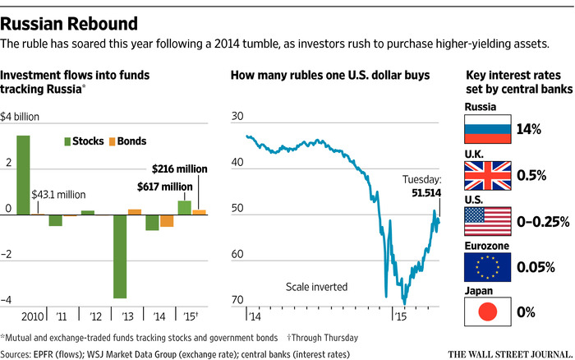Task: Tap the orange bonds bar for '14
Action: tap(167, 221)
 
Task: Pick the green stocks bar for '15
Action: tap(184, 207)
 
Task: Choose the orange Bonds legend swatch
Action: tap(113, 141)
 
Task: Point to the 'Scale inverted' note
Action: tap(317, 287)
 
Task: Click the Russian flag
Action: tap(488, 129)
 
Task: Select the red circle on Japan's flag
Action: tap(488, 312)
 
